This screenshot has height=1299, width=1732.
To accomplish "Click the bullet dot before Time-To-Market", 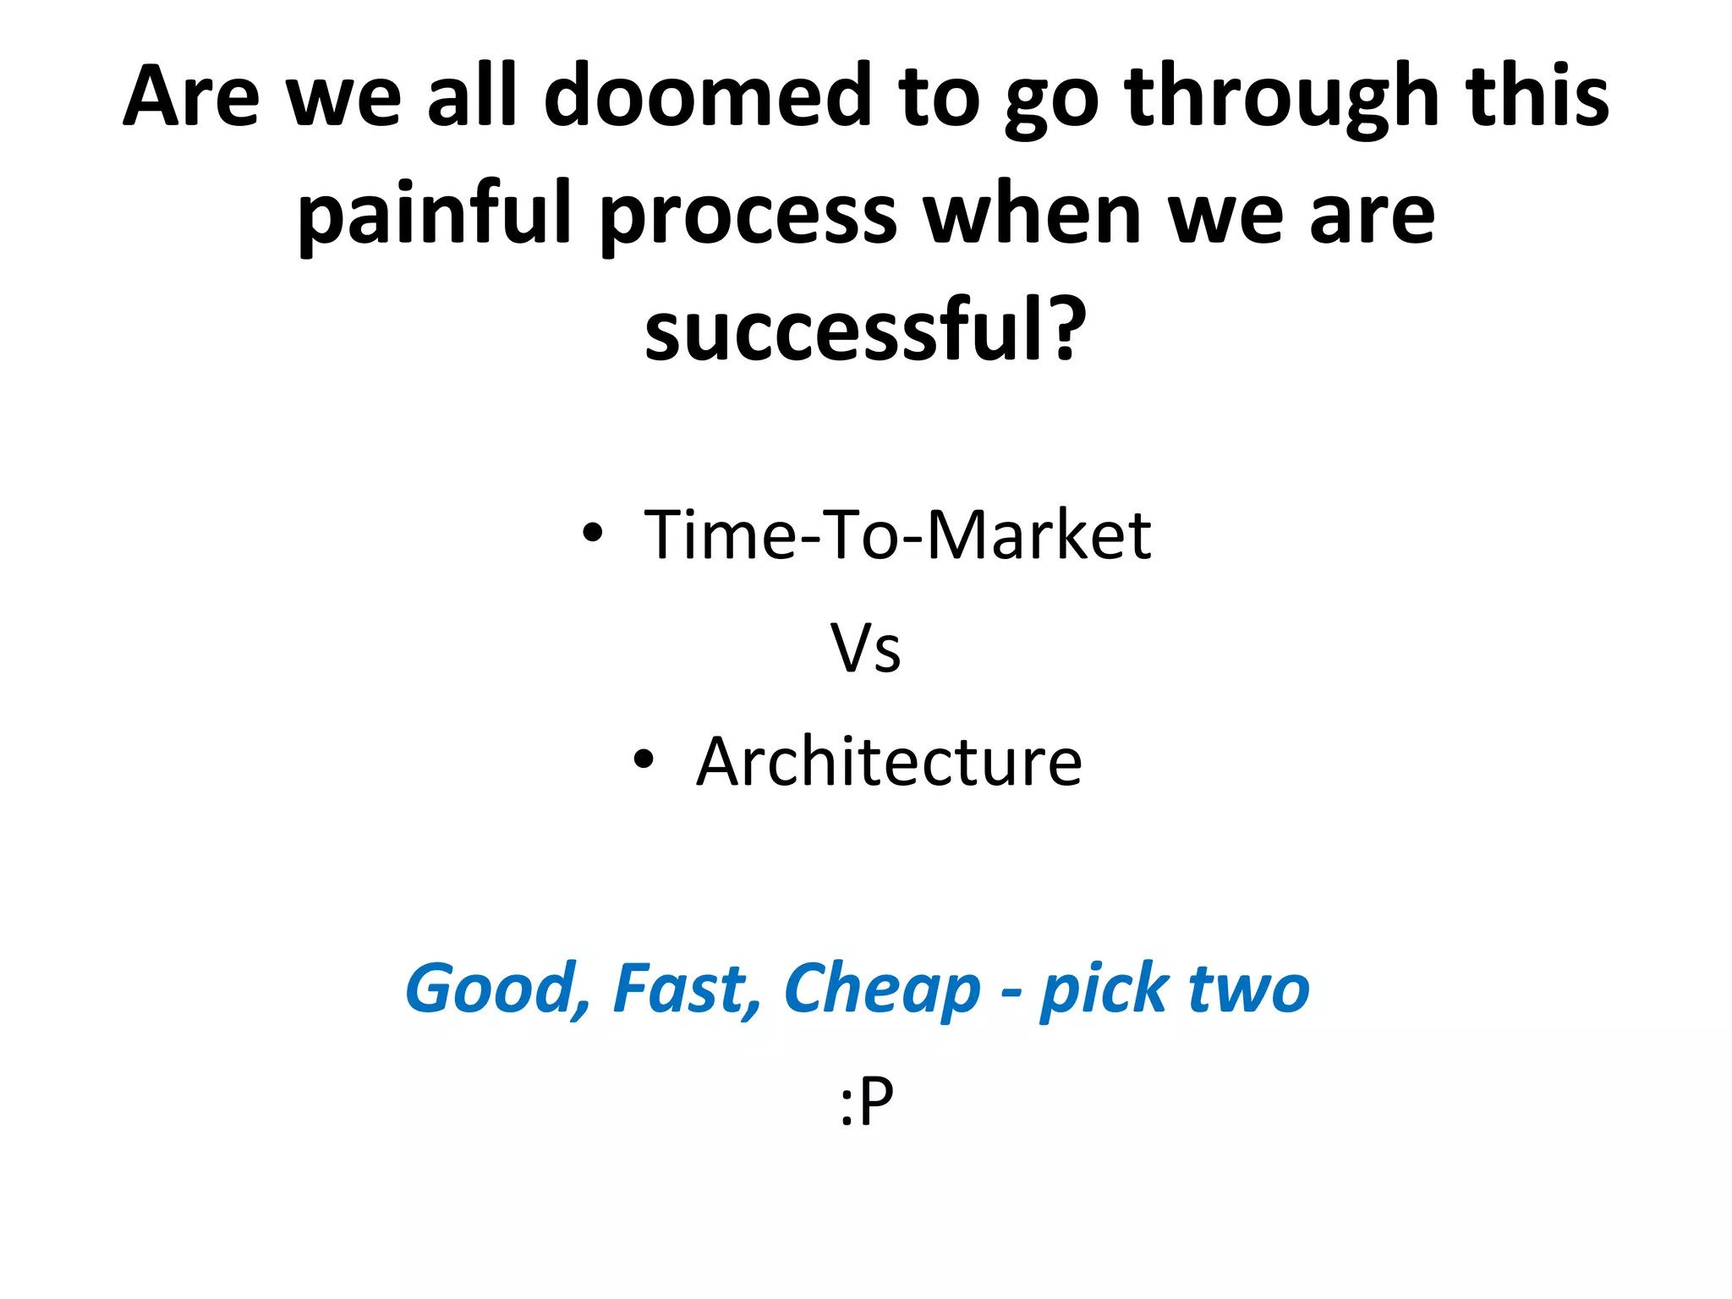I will click(593, 533).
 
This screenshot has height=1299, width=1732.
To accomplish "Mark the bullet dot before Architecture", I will click(644, 759).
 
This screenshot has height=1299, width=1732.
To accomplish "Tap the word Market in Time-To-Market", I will click(1039, 534).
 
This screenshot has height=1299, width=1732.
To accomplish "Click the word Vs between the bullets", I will click(865, 648).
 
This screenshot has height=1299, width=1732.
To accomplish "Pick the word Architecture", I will click(889, 761).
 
